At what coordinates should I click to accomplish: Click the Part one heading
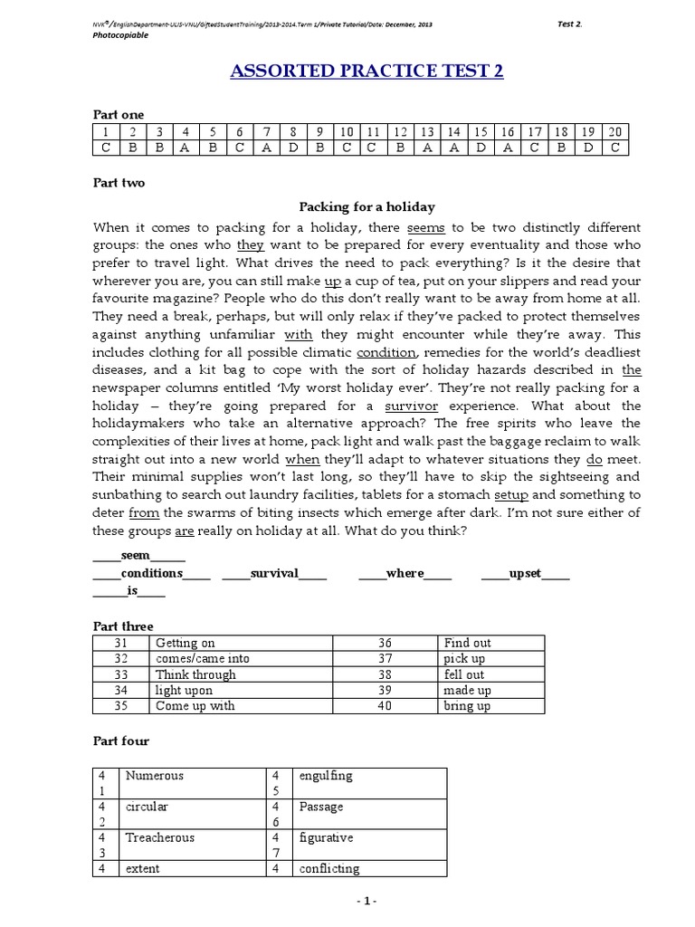119,114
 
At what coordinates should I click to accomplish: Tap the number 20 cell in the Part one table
614,132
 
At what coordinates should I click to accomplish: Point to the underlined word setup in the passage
510,494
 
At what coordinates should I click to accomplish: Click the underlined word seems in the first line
426,227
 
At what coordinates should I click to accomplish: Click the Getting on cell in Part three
185,643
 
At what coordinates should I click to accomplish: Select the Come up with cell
194,706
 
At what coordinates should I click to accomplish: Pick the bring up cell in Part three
467,706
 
